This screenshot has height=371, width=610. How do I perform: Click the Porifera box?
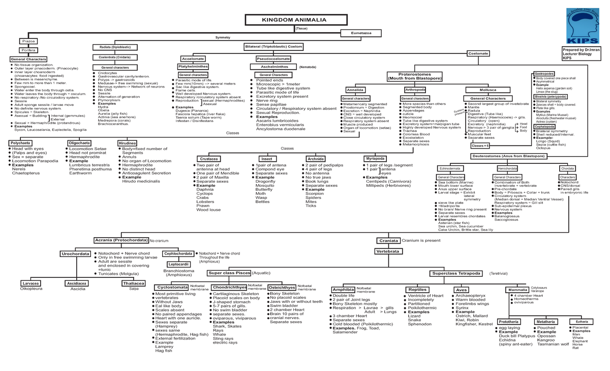click(x=27, y=50)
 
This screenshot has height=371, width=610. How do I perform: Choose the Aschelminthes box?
click(x=274, y=67)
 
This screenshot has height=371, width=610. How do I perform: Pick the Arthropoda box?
click(x=415, y=90)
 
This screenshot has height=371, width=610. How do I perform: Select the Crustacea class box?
click(x=209, y=159)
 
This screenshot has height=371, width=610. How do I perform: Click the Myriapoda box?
click(x=375, y=158)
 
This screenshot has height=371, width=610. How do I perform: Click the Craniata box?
click(x=388, y=240)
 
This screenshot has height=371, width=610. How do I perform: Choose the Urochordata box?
click(x=75, y=253)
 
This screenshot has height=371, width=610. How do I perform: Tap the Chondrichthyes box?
click(x=229, y=288)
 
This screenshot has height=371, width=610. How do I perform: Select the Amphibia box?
click(x=343, y=290)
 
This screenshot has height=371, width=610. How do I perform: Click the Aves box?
click(x=462, y=290)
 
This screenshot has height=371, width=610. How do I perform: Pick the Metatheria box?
click(x=545, y=322)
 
